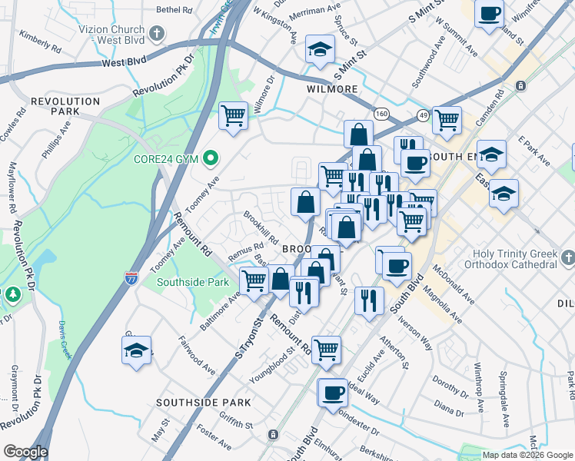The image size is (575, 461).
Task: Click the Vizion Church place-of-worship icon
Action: pos(158,34)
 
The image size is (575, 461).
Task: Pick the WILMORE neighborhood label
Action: pos(332,89)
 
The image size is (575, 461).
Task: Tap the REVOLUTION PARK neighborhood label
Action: pos(65,106)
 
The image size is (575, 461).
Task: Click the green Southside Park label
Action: pos(193,282)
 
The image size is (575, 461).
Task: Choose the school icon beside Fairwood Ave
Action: pos(136,350)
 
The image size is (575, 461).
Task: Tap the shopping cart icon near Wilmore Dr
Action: pos(233,117)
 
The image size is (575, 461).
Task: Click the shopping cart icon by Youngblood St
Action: pos(327,350)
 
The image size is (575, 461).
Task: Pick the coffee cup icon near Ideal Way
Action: pos(333,393)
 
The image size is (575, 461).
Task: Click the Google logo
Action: pos(25,452)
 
